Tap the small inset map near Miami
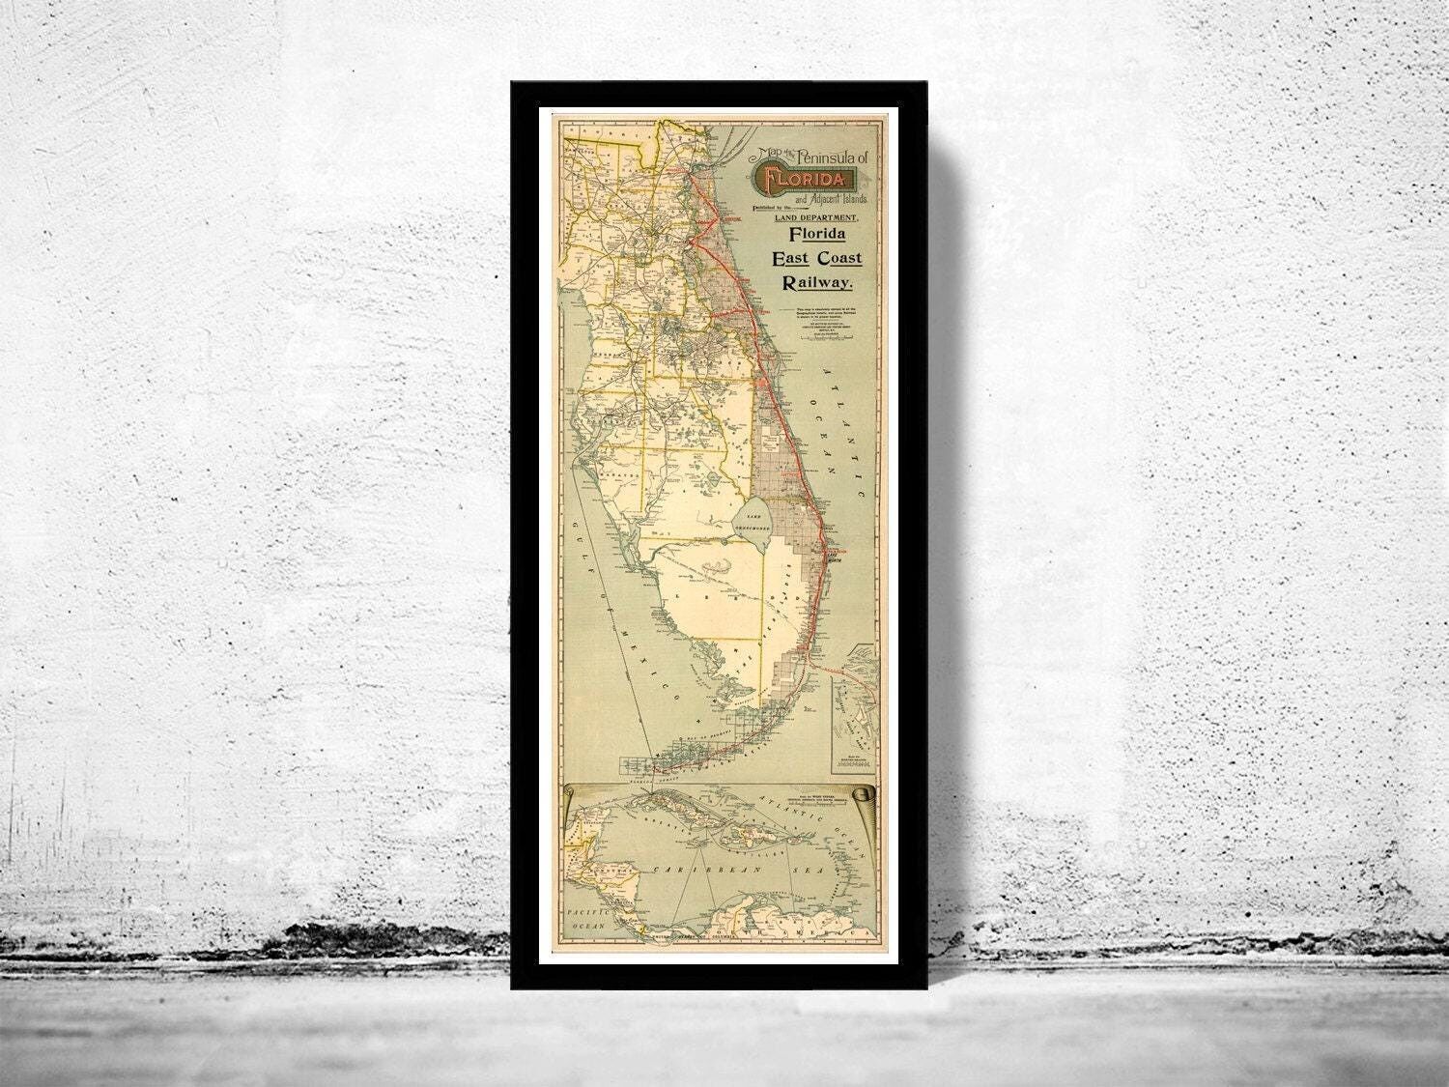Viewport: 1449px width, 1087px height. (x=856, y=710)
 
